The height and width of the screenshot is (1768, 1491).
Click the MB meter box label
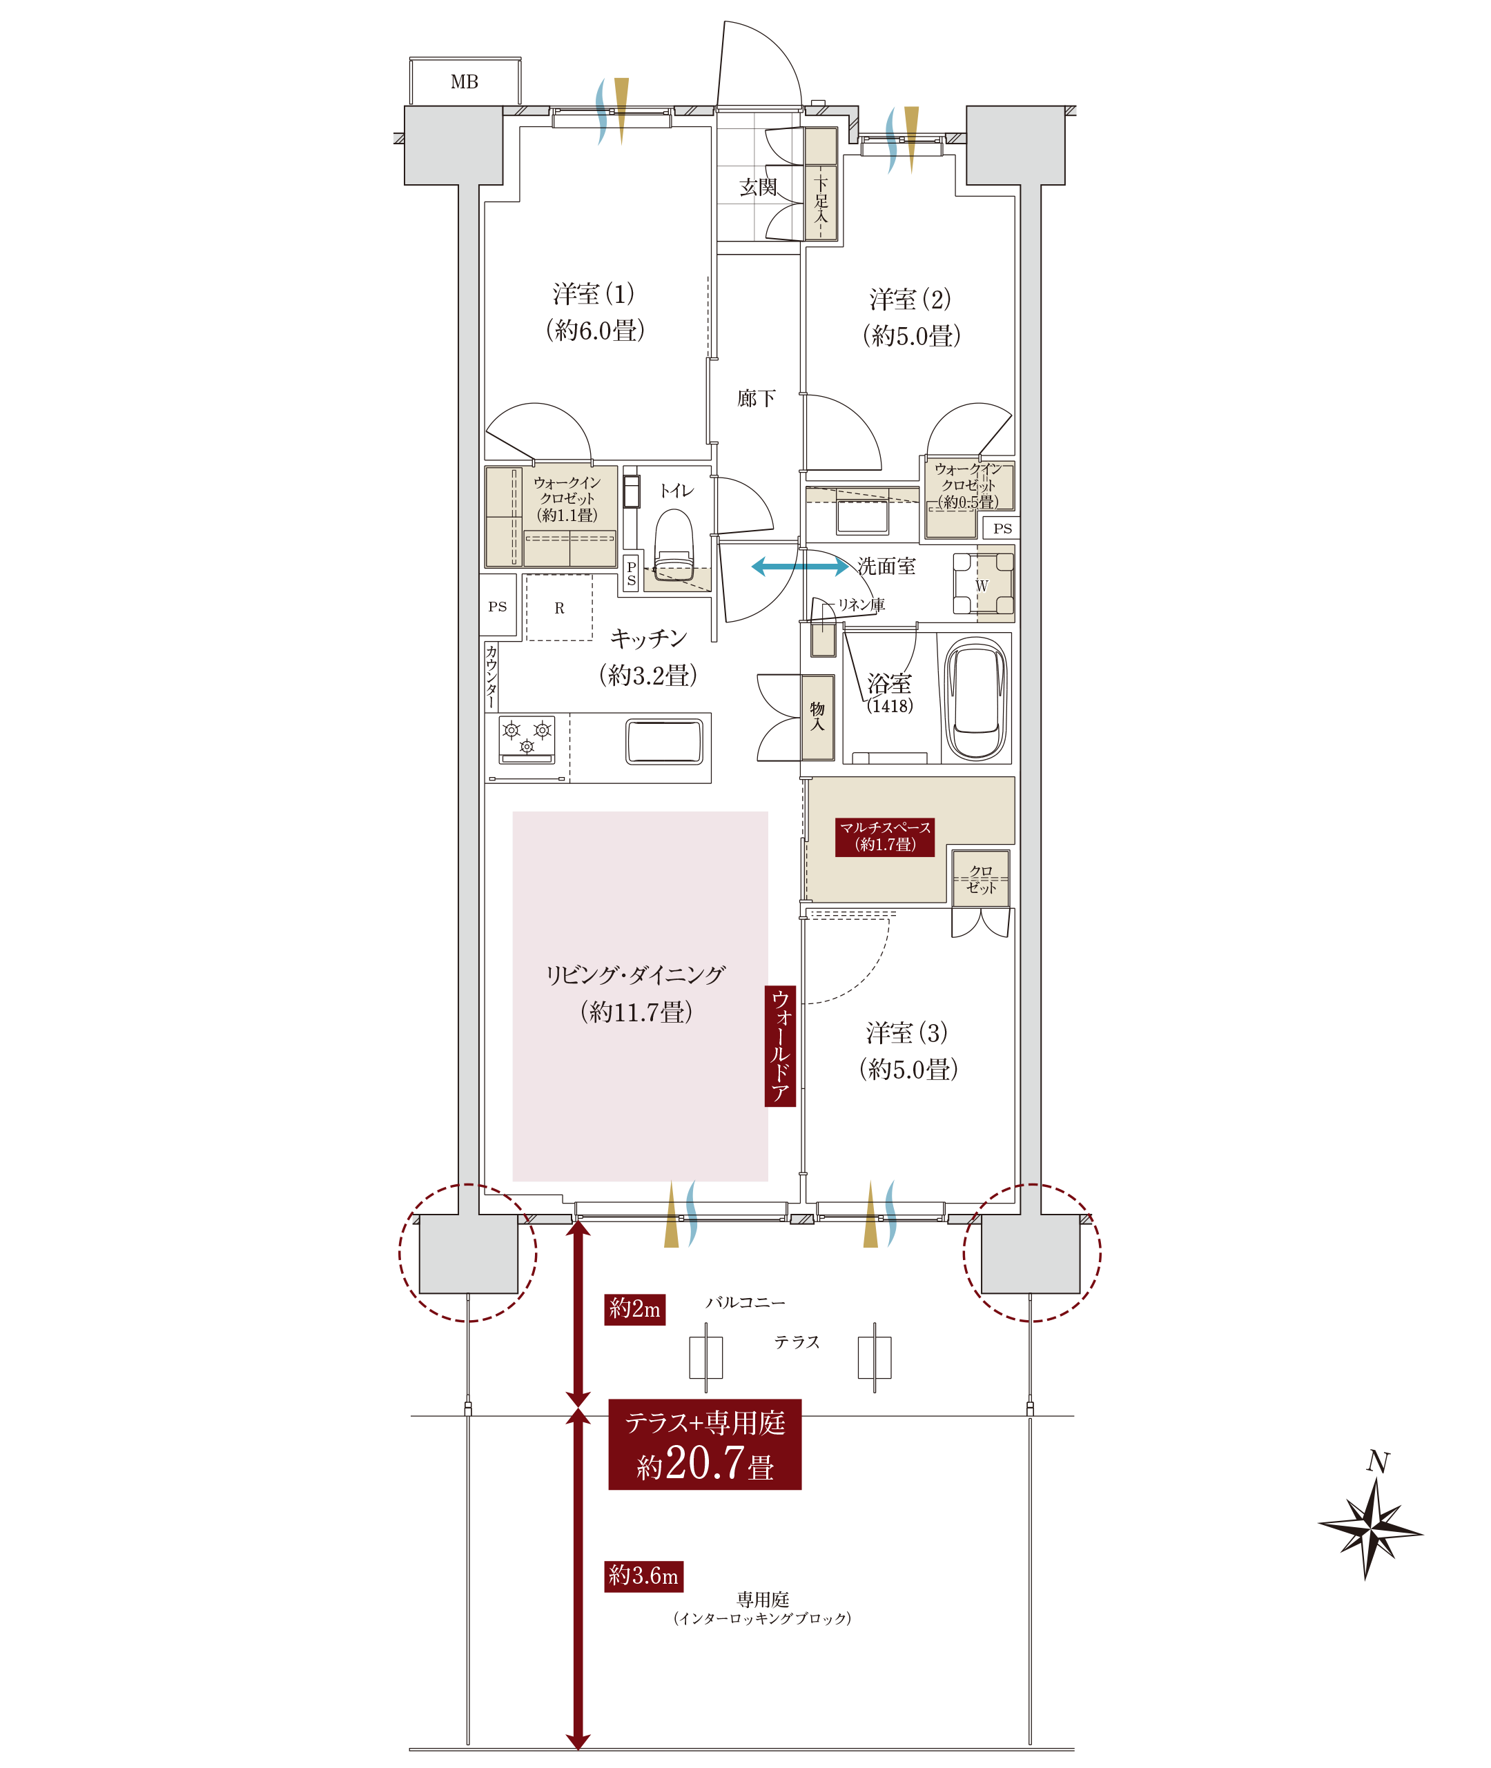(x=464, y=82)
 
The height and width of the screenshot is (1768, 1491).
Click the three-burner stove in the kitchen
(x=527, y=738)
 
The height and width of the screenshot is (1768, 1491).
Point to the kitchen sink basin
(x=664, y=741)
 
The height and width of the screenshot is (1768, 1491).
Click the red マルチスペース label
(x=884, y=836)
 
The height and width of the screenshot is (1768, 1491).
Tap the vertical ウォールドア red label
(x=779, y=1045)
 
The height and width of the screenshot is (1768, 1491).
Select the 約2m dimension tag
(x=634, y=1309)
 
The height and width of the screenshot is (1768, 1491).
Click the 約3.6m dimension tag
(x=643, y=1575)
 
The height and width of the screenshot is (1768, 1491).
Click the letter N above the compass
(x=1378, y=1461)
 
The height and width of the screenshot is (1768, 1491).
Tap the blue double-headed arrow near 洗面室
(x=799, y=567)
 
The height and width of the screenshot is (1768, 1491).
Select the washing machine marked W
(x=982, y=584)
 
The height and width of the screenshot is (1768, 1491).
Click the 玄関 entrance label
(x=757, y=187)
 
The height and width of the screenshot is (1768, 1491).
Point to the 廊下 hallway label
(x=756, y=398)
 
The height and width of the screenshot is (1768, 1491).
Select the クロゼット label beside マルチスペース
(x=980, y=879)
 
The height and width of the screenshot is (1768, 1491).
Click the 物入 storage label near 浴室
(x=817, y=716)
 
